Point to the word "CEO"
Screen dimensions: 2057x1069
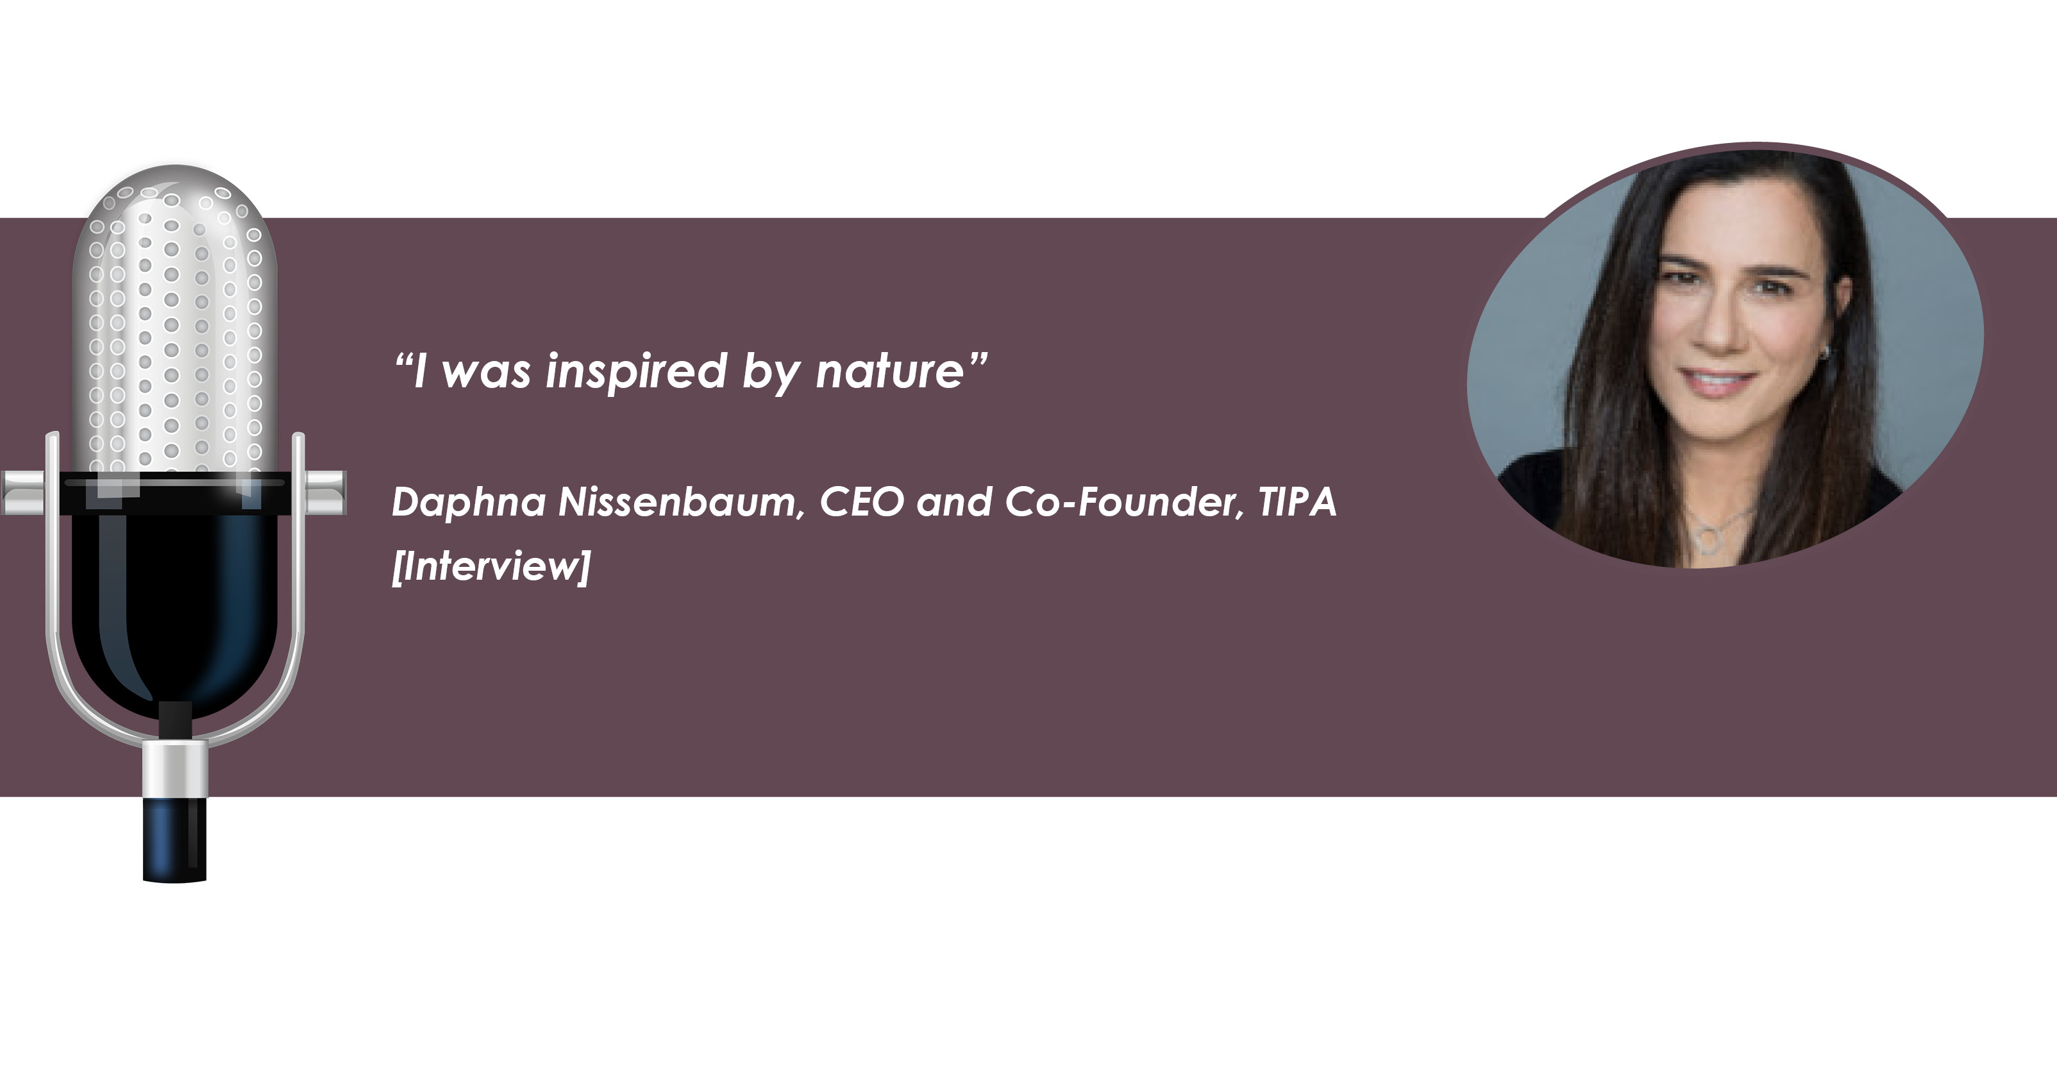point(862,502)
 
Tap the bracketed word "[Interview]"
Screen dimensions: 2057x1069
point(491,566)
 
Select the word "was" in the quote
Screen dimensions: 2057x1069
point(486,375)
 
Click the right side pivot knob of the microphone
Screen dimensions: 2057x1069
point(326,492)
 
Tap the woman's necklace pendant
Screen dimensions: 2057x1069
point(1706,540)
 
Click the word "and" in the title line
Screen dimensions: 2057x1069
point(954,502)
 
